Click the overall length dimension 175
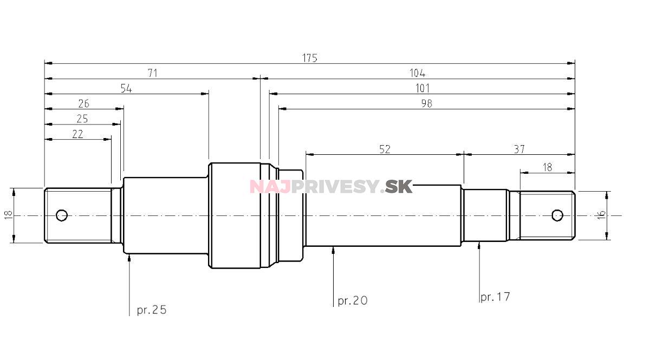(310, 58)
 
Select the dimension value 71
(153, 74)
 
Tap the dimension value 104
(417, 74)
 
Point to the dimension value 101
(422, 88)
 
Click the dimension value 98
(427, 103)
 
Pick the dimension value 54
(126, 88)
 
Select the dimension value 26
(84, 103)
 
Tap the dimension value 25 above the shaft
(82, 119)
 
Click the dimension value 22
(77, 134)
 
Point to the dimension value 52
(385, 149)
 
